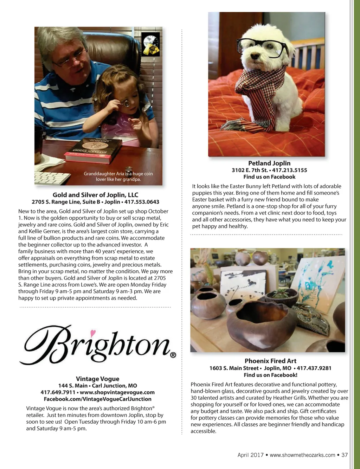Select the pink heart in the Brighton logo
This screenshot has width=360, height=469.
pyautogui.click(x=93, y=332)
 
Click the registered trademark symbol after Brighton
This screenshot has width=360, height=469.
pyautogui.click(x=173, y=355)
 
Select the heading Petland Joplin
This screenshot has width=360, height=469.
pyautogui.click(x=269, y=163)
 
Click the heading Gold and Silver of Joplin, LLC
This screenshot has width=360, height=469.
pyautogui.click(x=95, y=195)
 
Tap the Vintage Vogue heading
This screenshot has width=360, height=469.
pyautogui.click(x=97, y=379)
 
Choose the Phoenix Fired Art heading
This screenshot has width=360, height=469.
pyautogui.click(x=270, y=361)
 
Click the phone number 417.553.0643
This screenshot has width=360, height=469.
pyautogui.click(x=142, y=202)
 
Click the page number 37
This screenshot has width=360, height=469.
pyautogui.click(x=345, y=455)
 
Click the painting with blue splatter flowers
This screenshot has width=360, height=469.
pyautogui.click(x=318, y=278)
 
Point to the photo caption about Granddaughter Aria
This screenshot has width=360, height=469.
pyautogui.click(x=118, y=176)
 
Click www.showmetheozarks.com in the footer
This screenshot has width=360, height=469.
pyautogui.click(x=302, y=455)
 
